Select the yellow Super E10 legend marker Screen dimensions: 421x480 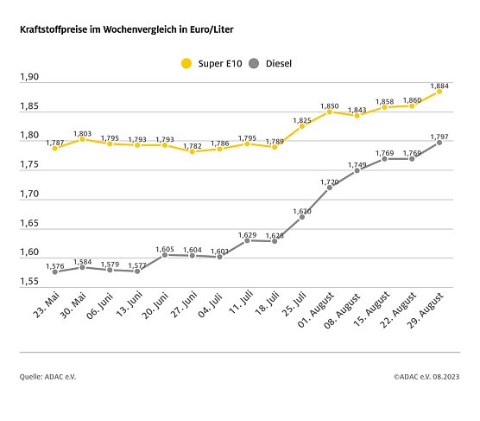click(184, 62)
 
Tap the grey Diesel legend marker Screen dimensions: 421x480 click(254, 62)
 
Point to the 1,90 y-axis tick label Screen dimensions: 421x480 click(29, 78)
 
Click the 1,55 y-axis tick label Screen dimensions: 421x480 click(29, 283)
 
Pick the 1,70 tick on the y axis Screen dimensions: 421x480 click(29, 195)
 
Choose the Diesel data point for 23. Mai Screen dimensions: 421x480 click(54, 271)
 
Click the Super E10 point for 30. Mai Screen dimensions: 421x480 click(82, 138)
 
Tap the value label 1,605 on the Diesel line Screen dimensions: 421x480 click(165, 248)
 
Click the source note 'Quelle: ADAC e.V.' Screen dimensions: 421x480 click(48, 377)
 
